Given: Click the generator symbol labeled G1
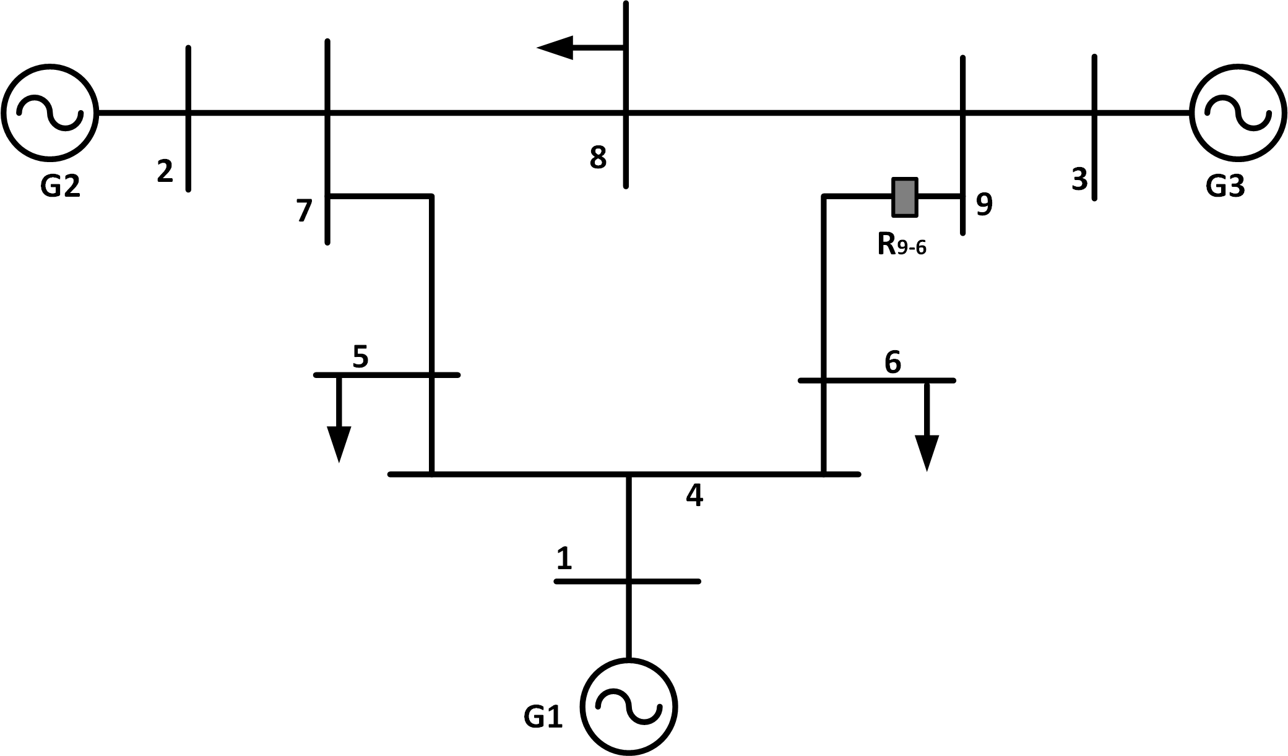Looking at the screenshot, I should (x=628, y=707).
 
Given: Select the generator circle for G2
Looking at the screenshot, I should (x=50, y=112).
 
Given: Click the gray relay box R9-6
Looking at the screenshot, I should (x=904, y=197).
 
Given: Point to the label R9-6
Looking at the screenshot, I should (x=902, y=245).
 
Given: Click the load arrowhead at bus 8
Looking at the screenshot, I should (x=555, y=48).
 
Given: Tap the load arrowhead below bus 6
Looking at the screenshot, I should (x=927, y=453).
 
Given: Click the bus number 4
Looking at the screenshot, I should (x=694, y=496).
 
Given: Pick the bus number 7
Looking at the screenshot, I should (x=304, y=211).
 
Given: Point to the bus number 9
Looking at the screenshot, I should (x=984, y=204).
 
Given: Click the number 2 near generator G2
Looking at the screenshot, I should (x=165, y=171).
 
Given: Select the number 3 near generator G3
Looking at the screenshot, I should (x=1079, y=179).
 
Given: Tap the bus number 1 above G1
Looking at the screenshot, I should (x=564, y=559).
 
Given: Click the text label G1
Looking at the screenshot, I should (x=543, y=718).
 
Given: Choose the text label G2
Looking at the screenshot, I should (x=60, y=186).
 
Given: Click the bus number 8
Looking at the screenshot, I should (x=598, y=158).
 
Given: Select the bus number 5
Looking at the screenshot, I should (x=360, y=357).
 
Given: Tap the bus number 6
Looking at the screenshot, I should (x=893, y=363).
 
